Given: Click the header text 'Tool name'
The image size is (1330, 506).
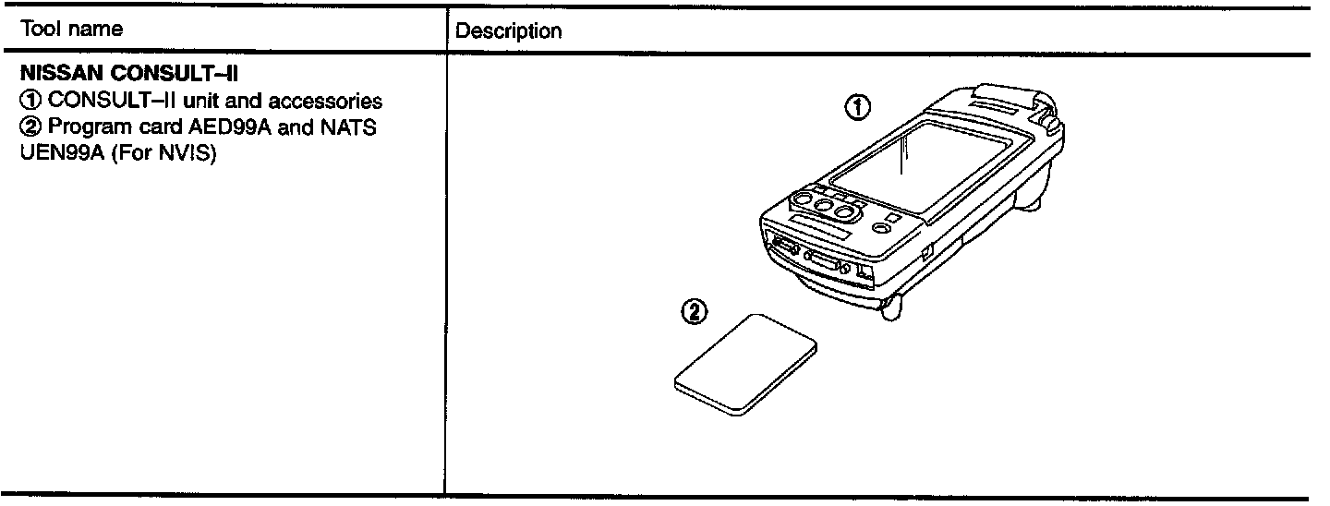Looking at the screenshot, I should click(x=70, y=30).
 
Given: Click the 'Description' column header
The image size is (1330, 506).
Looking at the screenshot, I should click(x=509, y=31).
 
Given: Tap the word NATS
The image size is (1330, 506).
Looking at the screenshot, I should click(x=352, y=127).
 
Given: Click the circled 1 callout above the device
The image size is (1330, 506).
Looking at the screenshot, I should click(x=857, y=108).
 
